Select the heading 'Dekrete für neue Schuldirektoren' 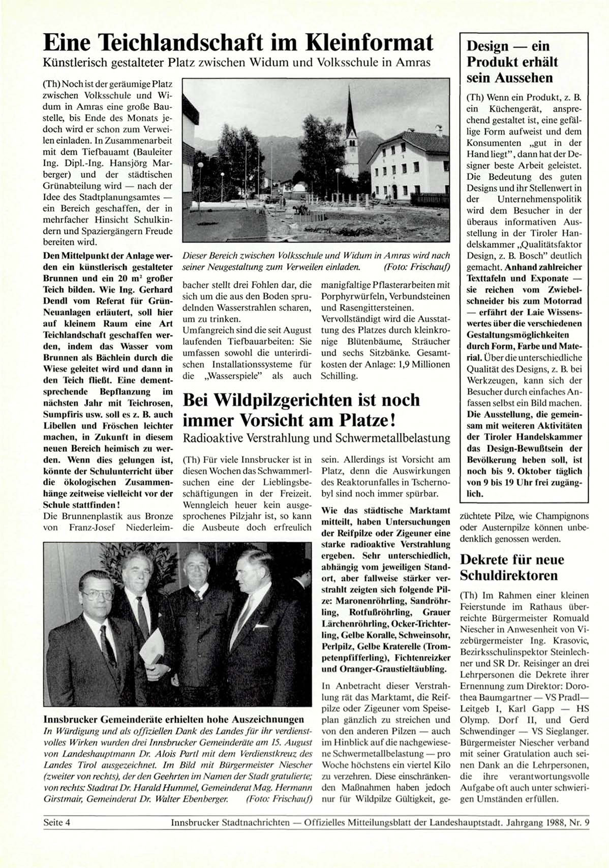(x=512, y=568)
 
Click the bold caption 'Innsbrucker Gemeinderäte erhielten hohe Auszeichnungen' (x=174, y=719)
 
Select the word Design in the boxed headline (x=488, y=46)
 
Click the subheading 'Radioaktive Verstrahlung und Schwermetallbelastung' (x=316, y=438)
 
